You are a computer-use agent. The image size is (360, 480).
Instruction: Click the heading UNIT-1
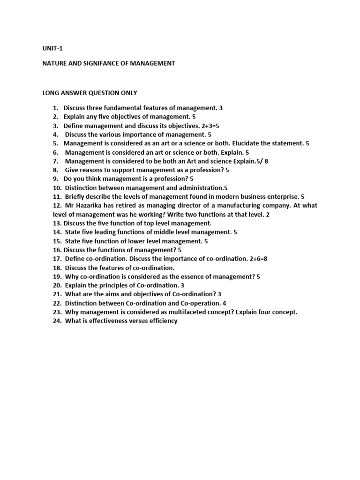point(52,48)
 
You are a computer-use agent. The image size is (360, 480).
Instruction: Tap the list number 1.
point(55,108)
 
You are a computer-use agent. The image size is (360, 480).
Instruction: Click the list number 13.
point(56,223)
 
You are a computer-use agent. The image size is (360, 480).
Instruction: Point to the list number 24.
point(57,321)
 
